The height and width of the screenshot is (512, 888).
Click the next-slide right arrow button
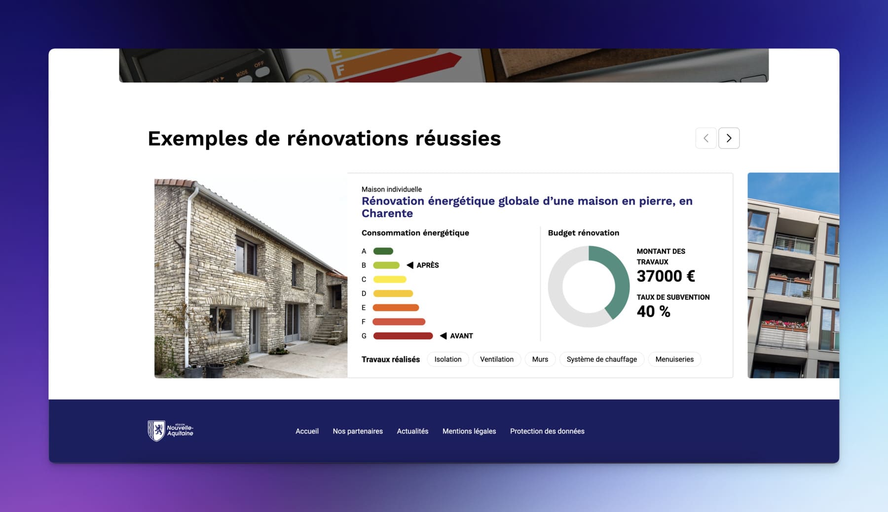click(729, 138)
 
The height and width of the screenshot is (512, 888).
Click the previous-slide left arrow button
click(706, 138)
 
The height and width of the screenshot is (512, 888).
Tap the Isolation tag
click(448, 359)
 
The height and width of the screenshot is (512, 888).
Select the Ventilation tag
click(497, 359)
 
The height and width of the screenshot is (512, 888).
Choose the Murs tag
click(540, 359)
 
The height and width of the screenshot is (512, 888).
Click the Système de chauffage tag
click(602, 359)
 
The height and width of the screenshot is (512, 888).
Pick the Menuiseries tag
click(674, 359)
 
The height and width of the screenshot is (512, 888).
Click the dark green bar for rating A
click(383, 251)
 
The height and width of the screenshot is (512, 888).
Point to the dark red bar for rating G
click(403, 336)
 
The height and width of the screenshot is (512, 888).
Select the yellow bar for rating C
click(390, 279)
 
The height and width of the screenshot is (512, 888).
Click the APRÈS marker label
click(427, 265)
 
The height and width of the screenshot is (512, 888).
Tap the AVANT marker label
click(461, 336)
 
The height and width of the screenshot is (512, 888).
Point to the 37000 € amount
click(666, 276)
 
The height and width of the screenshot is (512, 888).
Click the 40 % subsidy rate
click(653, 312)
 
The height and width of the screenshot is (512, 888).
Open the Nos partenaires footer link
click(358, 431)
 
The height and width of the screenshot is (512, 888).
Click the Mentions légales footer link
click(469, 431)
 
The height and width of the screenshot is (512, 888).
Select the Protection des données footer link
click(547, 431)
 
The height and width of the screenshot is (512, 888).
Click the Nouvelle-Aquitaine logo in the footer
click(170, 431)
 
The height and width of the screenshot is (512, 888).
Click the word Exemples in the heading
click(198, 139)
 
